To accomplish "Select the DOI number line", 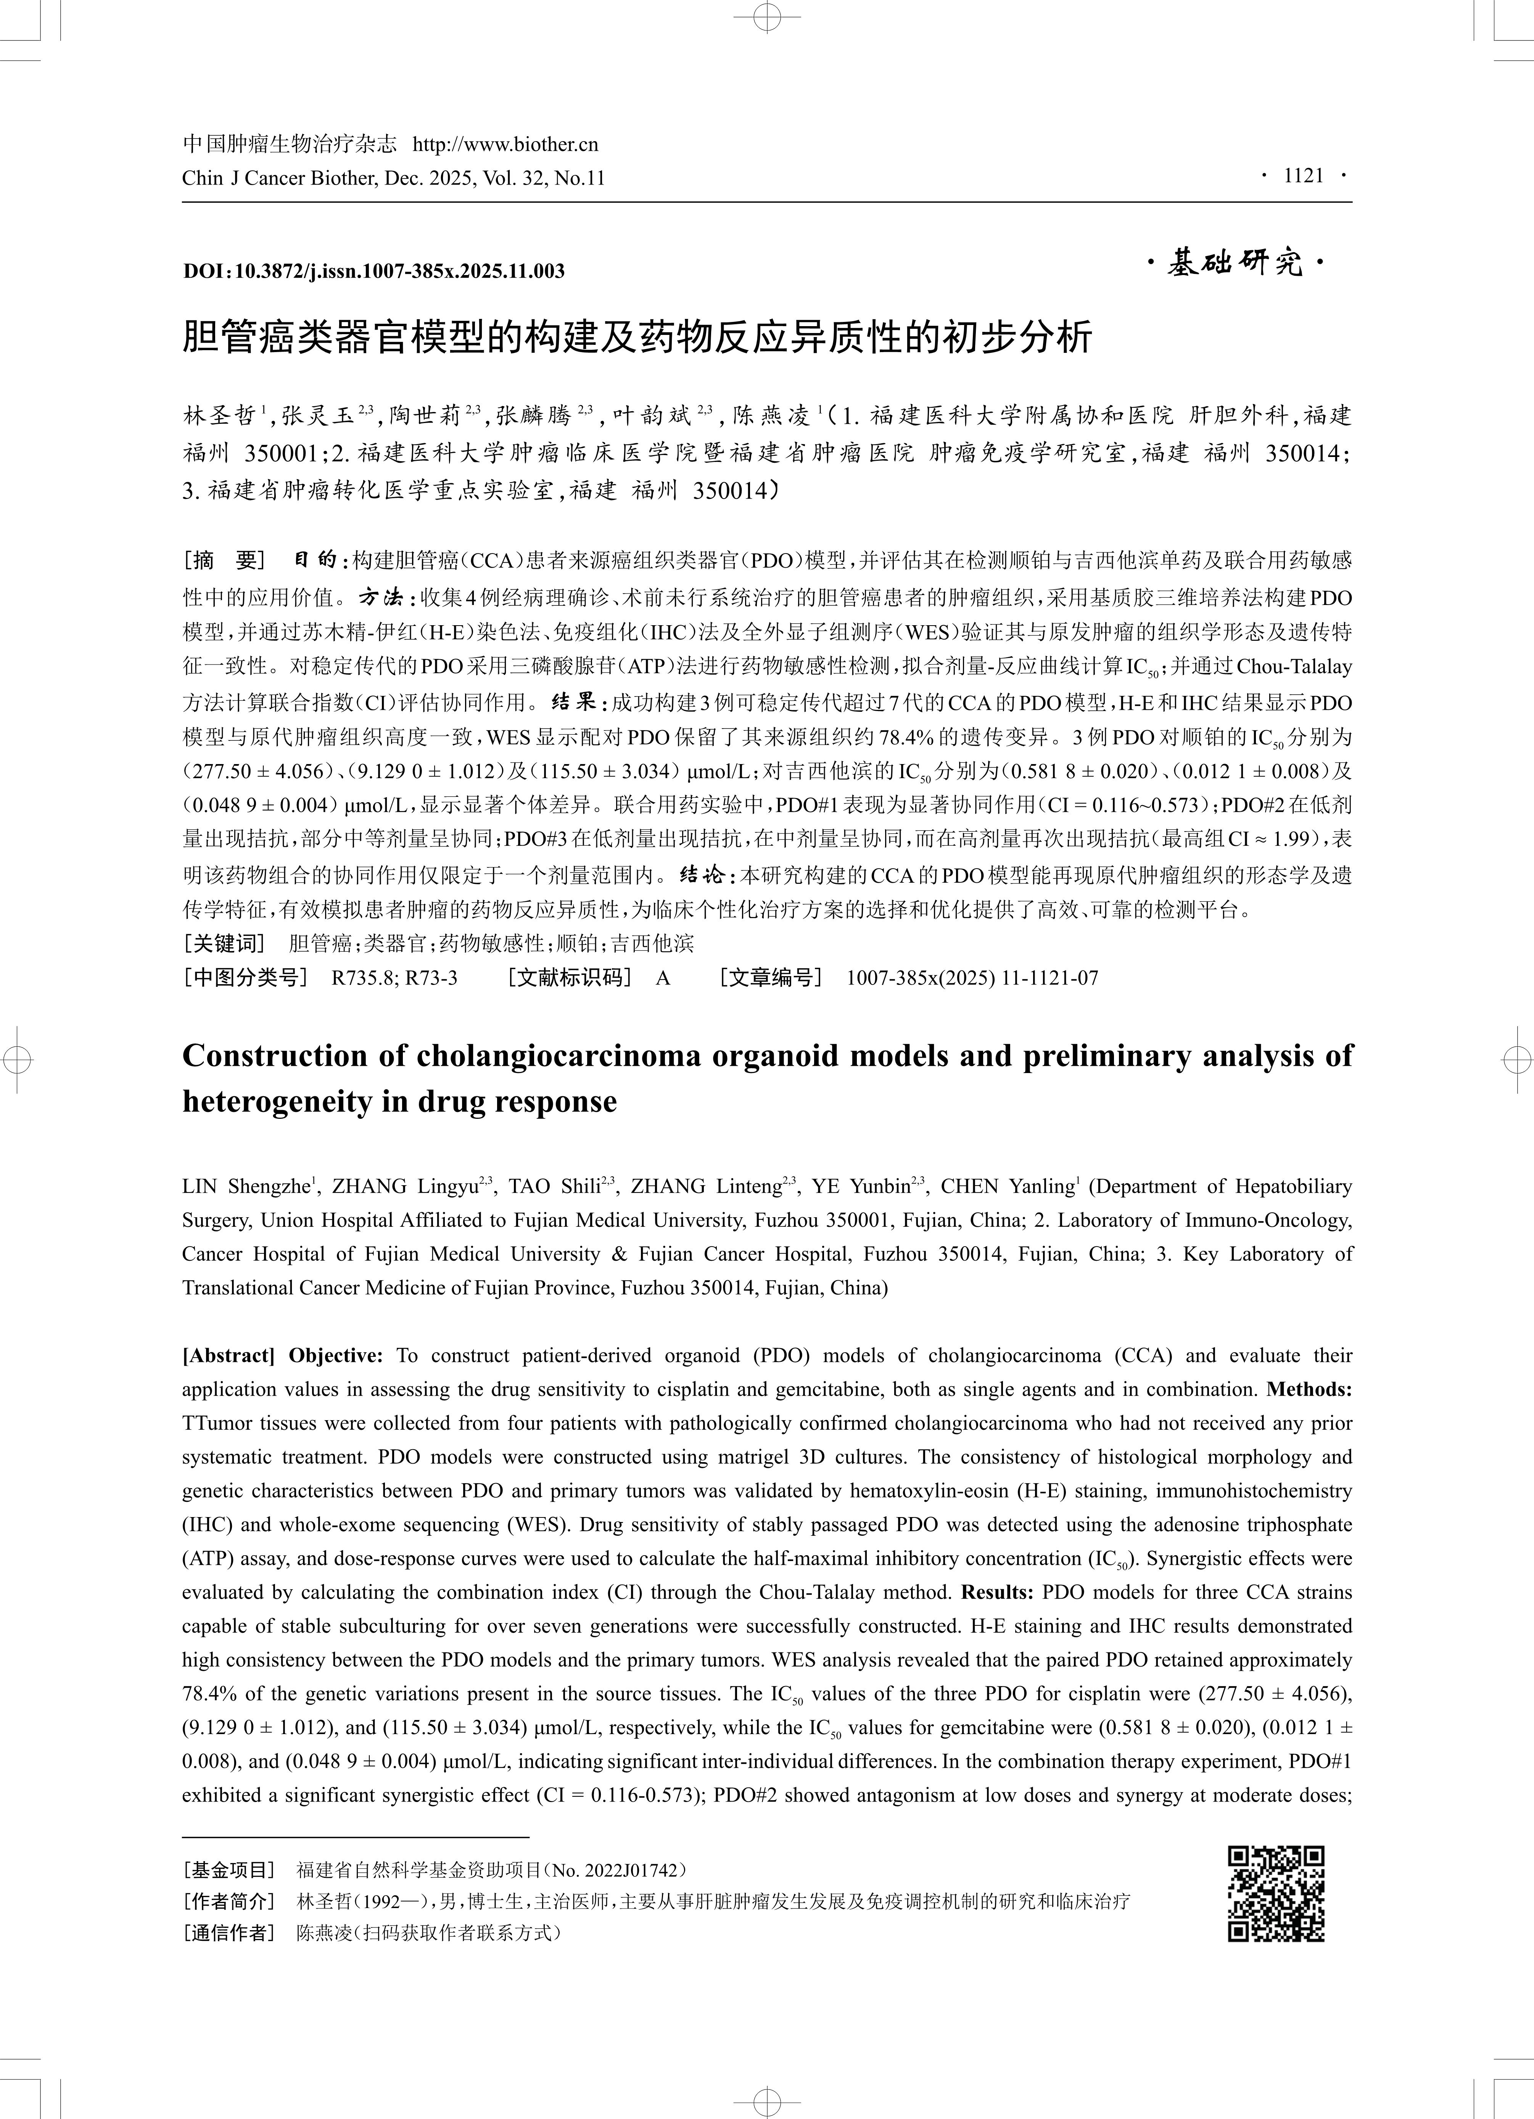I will coord(374,272).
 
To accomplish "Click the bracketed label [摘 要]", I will coord(224,561).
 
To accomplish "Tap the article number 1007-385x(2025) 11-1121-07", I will coord(972,978).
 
